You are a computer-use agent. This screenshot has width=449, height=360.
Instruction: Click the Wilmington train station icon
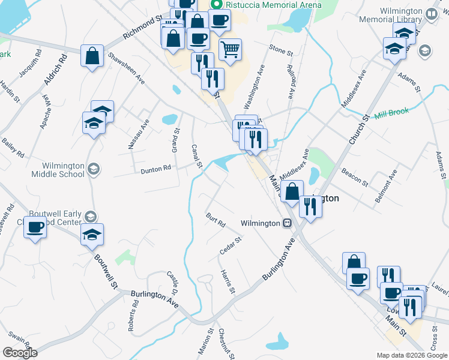coord(288,223)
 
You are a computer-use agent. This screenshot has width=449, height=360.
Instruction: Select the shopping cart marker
coord(230,50)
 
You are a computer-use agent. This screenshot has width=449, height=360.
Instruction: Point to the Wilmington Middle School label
coord(63,170)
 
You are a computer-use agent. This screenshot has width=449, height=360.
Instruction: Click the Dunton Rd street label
coord(156,170)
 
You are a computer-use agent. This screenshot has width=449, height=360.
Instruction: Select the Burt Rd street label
coord(215,220)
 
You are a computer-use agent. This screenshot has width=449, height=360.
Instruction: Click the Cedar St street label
coord(231,245)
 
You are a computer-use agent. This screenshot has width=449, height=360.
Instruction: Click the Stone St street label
coord(280,48)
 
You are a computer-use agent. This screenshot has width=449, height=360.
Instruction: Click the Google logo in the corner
coord(20,353)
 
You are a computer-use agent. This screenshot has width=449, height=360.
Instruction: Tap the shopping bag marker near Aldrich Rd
coord(93,56)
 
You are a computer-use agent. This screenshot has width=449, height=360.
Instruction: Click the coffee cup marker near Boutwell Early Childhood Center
coord(35,228)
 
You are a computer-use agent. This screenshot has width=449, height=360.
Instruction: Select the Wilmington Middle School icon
coord(93,170)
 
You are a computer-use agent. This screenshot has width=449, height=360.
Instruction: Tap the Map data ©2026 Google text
coord(411,355)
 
